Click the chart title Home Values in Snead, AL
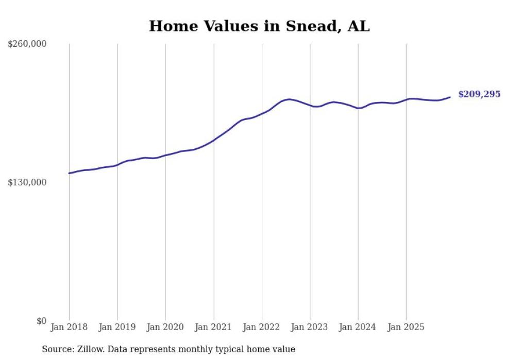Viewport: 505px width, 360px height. point(259,26)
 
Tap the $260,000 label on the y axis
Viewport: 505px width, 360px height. point(27,44)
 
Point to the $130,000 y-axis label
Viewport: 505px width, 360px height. point(27,182)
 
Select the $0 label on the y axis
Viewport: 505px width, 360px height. point(41,321)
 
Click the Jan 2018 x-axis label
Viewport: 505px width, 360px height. point(69,327)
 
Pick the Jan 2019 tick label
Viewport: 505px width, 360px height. point(117,327)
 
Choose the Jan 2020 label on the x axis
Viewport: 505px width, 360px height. point(165,327)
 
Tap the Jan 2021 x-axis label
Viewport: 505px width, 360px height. point(213,327)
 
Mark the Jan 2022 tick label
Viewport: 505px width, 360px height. point(262,327)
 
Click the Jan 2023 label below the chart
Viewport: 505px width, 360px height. point(310,327)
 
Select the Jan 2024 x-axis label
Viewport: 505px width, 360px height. point(358,327)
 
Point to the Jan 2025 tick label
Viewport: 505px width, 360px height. point(406,327)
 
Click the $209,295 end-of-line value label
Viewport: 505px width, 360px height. point(479,94)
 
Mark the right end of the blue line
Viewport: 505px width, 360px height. point(450,97)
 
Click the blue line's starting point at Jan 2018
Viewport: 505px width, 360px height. point(69,173)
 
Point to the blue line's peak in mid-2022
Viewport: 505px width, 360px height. point(289,99)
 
